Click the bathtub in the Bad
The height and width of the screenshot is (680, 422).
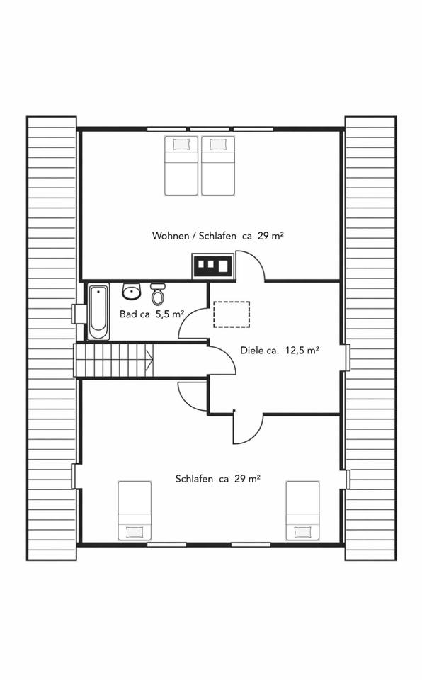point(98,312)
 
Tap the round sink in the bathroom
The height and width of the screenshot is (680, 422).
point(132,291)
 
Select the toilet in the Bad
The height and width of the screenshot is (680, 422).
point(157,293)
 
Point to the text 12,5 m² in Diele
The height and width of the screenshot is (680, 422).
point(302,351)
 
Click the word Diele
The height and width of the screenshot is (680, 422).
point(252,351)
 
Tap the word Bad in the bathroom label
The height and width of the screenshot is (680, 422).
point(128,314)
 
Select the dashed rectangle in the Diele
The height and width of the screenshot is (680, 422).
point(232,314)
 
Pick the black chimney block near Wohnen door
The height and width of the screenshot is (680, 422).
point(213,265)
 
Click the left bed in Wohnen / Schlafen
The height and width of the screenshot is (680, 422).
point(181,166)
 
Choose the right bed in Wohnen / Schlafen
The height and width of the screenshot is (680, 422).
point(218,166)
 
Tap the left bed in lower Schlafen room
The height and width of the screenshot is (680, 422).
point(135,511)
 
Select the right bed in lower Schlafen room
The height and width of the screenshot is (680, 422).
point(303,511)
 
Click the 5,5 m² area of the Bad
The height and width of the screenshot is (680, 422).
point(170,314)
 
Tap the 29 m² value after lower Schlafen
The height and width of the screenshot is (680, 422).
point(247,479)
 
